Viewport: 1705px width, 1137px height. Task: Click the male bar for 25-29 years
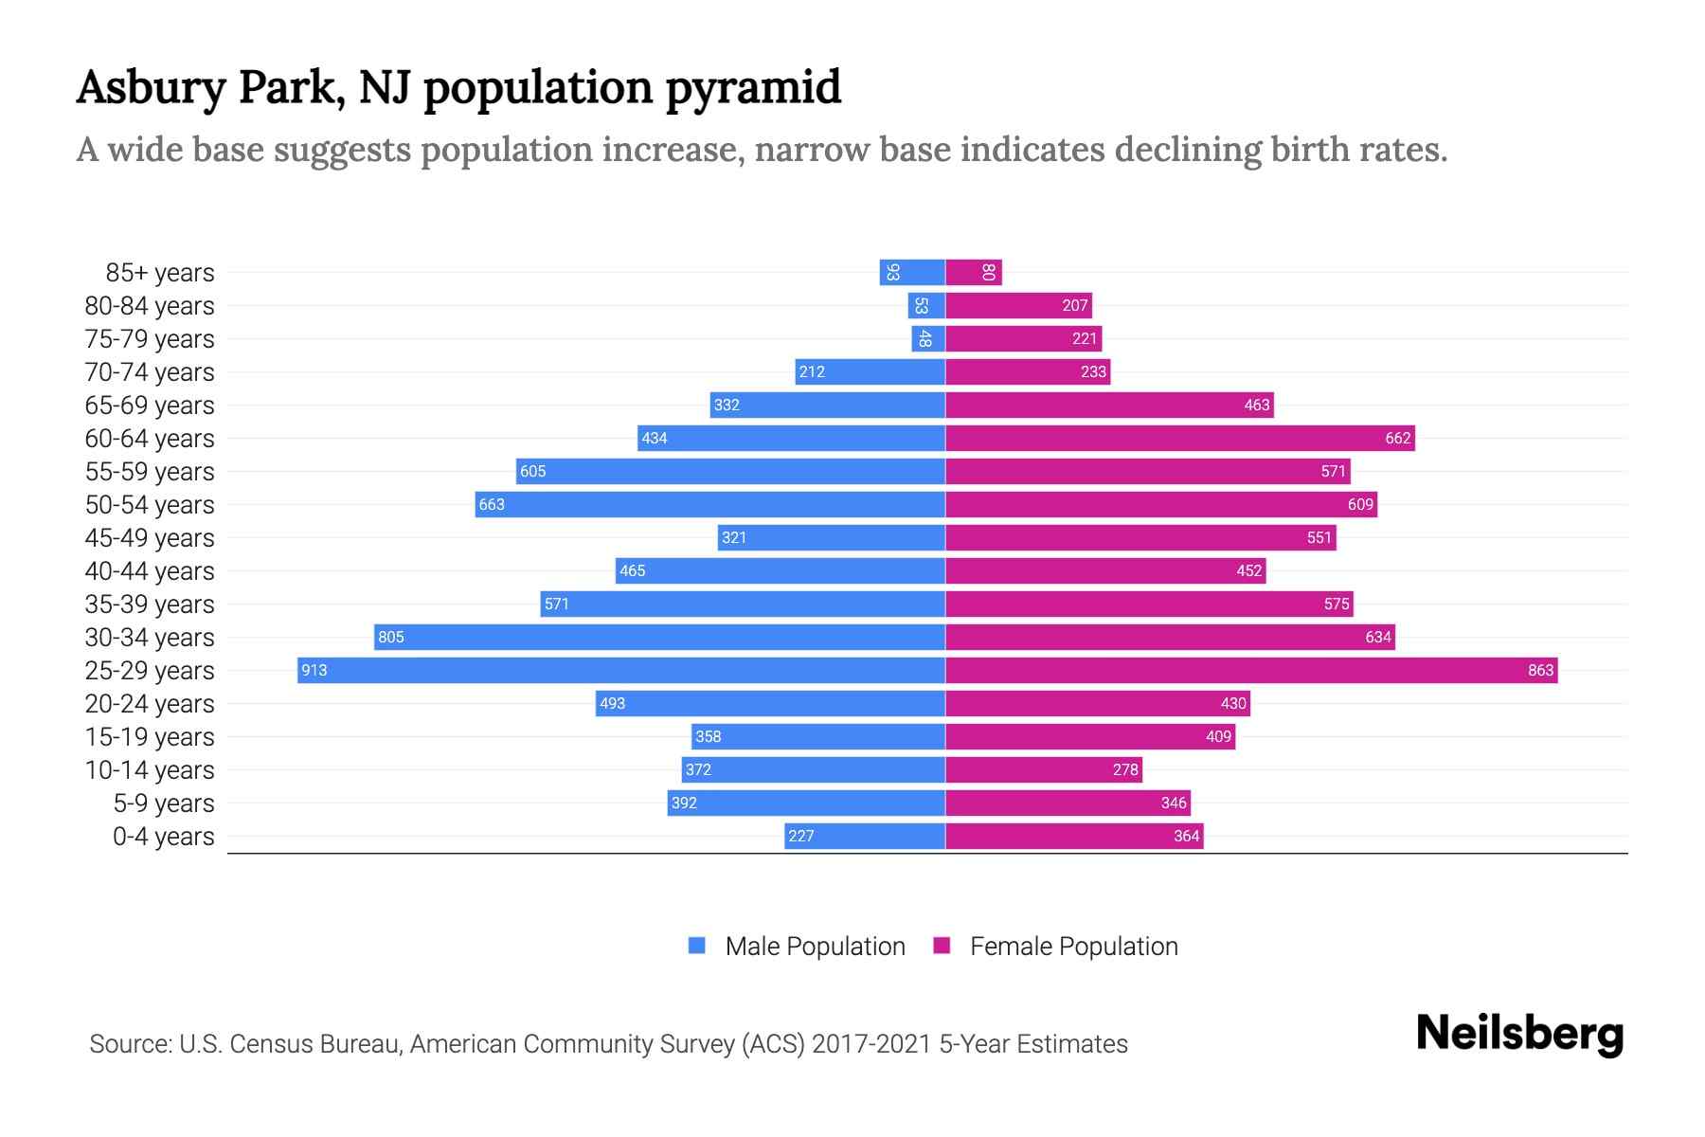coord(620,671)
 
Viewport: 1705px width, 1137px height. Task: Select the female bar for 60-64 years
coord(1179,439)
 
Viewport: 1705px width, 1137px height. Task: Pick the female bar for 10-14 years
coord(1043,770)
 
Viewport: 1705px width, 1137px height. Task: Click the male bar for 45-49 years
coord(831,538)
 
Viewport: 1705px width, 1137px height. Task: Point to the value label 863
coord(1540,671)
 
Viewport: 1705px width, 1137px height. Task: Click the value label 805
coord(391,638)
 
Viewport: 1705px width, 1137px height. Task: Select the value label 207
coord(1074,306)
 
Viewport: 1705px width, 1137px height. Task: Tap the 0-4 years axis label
coord(163,837)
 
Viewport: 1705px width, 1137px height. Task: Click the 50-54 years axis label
coord(150,505)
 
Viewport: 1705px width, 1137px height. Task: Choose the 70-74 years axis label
coord(150,372)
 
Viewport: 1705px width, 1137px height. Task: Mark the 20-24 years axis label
coord(150,704)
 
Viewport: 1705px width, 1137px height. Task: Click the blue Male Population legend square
coord(697,946)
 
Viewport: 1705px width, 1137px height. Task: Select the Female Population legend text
coord(1073,947)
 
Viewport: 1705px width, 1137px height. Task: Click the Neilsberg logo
coord(1519,1034)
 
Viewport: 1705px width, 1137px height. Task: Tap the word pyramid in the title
coord(753,87)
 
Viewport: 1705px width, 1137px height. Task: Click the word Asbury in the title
coord(152,87)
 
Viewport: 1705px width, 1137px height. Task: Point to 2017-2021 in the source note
coord(870,1044)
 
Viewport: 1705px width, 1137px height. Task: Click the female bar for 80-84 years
coord(1018,306)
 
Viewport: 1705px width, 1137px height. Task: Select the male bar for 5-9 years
coord(806,803)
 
